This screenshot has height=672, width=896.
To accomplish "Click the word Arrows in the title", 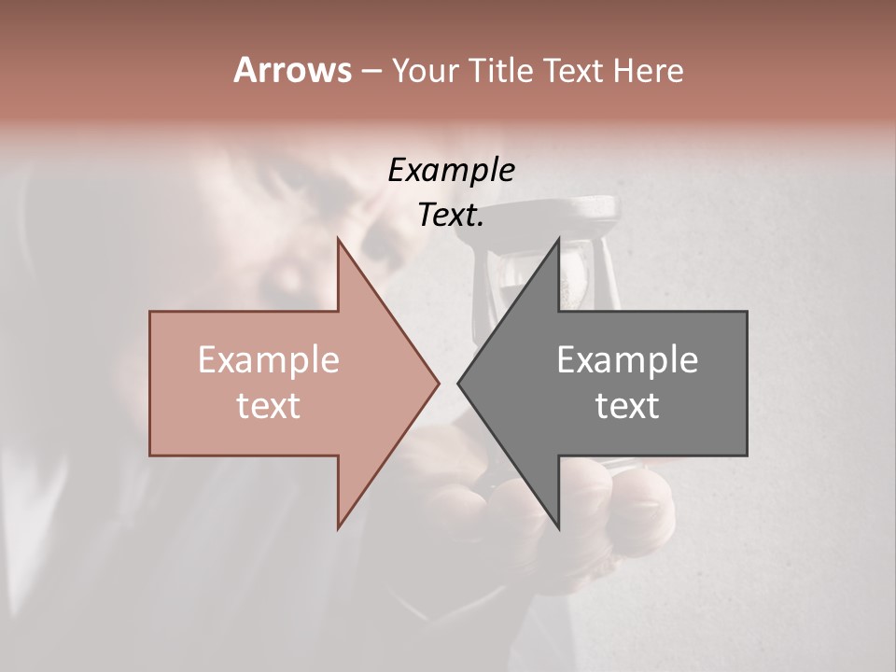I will tap(292, 70).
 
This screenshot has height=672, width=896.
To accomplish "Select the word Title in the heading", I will tap(502, 71).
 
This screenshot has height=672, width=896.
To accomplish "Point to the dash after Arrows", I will tap(371, 72).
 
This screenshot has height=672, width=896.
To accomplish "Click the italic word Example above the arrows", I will tap(451, 171).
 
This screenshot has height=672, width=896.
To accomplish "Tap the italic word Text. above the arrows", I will tap(451, 216).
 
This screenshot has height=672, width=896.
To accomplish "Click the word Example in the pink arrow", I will tap(269, 360).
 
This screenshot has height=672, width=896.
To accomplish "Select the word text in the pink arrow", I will tap(269, 406).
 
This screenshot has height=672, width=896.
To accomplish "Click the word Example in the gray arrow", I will tap(627, 360).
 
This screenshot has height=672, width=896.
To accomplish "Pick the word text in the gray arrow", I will tap(627, 406).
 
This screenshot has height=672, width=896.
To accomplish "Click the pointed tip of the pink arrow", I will tap(438, 383).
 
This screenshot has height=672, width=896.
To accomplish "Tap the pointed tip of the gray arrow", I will tap(458, 383).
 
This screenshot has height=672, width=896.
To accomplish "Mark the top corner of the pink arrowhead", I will tap(339, 240).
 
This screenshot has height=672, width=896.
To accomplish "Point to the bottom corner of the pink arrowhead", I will tap(339, 527).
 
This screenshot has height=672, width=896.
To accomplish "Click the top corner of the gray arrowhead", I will tap(558, 240).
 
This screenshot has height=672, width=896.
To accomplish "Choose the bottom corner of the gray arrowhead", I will tap(558, 527).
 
